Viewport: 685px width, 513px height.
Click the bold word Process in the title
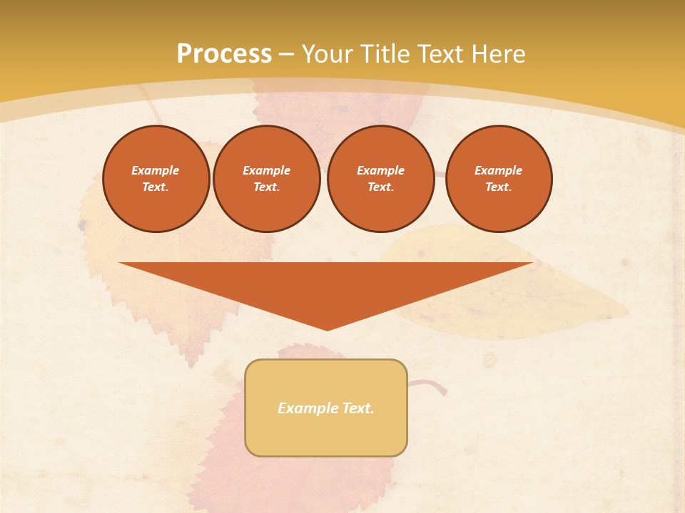[224, 54]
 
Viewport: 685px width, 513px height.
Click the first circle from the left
[156, 179]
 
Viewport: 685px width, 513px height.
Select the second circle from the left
[267, 179]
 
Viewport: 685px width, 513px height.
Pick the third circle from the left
[380, 179]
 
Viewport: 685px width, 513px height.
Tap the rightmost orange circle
[499, 179]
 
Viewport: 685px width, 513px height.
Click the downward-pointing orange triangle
[326, 285]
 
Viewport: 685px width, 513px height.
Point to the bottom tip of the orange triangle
[327, 329]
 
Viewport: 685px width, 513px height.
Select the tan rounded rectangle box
[326, 435]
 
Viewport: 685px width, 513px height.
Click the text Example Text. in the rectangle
[326, 408]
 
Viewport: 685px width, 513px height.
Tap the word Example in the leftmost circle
[156, 170]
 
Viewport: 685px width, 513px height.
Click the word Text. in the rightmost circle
[499, 187]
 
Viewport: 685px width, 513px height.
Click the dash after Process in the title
[287, 54]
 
